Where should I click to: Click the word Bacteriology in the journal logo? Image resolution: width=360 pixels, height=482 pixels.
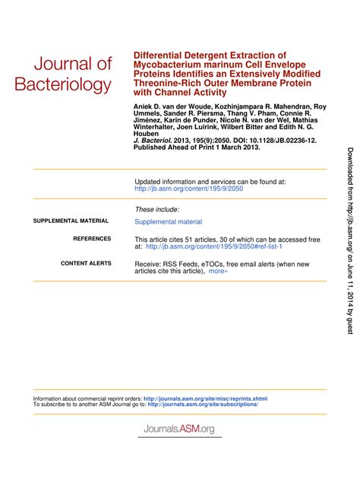click(x=62, y=84)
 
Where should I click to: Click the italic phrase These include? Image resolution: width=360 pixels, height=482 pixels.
click(x=156, y=209)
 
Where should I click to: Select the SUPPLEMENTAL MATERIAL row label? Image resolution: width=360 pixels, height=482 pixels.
click(x=71, y=221)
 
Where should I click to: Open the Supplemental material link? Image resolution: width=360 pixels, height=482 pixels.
click(x=168, y=222)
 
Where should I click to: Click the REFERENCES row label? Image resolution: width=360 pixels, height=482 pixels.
click(x=91, y=239)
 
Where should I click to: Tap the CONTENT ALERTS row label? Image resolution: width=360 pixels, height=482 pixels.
click(x=85, y=264)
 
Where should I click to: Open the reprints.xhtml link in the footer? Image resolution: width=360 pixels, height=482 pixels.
click(x=205, y=398)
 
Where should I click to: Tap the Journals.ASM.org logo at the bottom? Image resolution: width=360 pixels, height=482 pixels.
click(x=179, y=429)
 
